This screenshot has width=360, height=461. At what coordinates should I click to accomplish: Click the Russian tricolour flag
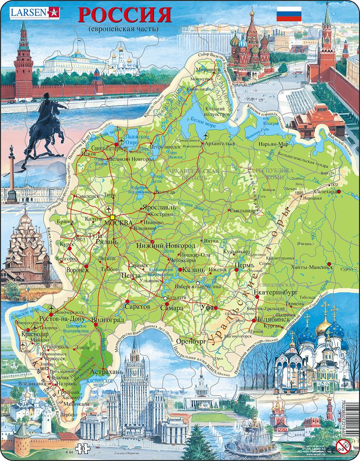(289, 15)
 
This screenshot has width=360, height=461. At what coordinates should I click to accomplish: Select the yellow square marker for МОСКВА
(112, 216)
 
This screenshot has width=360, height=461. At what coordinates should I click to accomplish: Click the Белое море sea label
(200, 119)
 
